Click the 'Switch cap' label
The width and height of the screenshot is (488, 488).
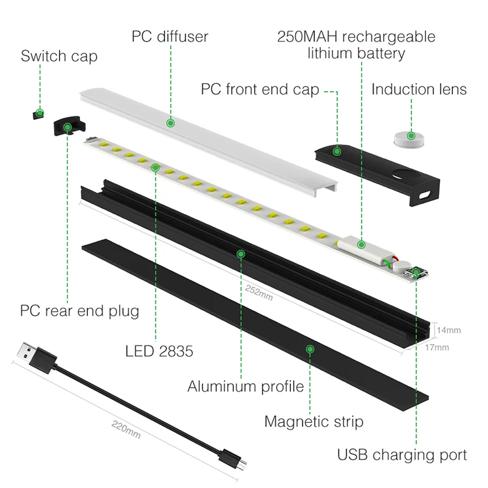tap(59, 56)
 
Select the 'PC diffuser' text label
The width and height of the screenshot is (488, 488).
tap(169, 36)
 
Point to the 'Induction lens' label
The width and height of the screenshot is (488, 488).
tap(419, 89)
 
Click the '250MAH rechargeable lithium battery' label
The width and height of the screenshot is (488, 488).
tap(356, 44)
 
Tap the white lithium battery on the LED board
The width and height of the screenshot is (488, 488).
tap(362, 245)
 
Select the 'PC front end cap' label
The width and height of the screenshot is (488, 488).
tap(260, 89)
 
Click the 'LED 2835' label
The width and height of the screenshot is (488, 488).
tap(159, 351)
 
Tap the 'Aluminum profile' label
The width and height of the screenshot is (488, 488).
tap(246, 386)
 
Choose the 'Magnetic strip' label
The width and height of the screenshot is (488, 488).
tap(314, 421)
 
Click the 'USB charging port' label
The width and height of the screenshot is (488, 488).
tap(402, 454)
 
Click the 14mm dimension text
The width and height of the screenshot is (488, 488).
tap(449, 330)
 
